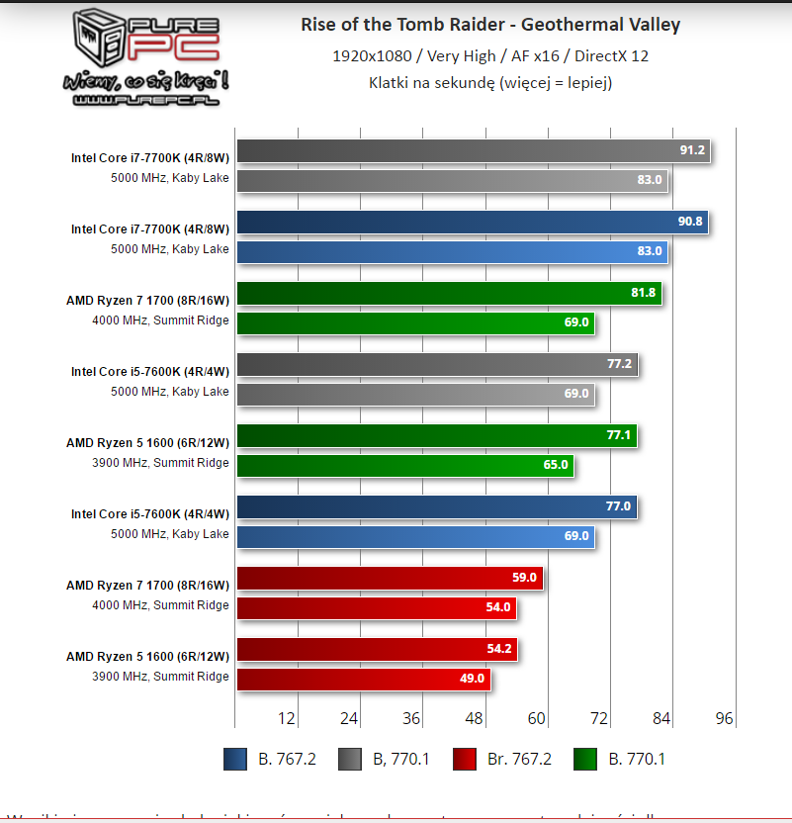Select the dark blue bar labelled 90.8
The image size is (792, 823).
[x=473, y=223]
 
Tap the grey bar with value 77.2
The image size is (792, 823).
[x=437, y=365]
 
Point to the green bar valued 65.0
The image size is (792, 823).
[x=405, y=465]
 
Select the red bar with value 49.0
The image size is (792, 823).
[x=363, y=680]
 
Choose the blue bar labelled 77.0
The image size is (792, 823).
[x=436, y=507]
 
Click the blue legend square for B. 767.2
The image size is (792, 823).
[x=235, y=760]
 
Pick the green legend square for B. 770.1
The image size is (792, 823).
[x=584, y=760]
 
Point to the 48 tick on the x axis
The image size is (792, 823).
[x=475, y=718]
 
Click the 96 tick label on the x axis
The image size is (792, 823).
[x=724, y=718]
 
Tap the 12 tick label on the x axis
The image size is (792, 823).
[x=288, y=718]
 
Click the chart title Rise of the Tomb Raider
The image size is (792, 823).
[x=490, y=25]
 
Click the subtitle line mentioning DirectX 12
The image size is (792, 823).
[x=490, y=56]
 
